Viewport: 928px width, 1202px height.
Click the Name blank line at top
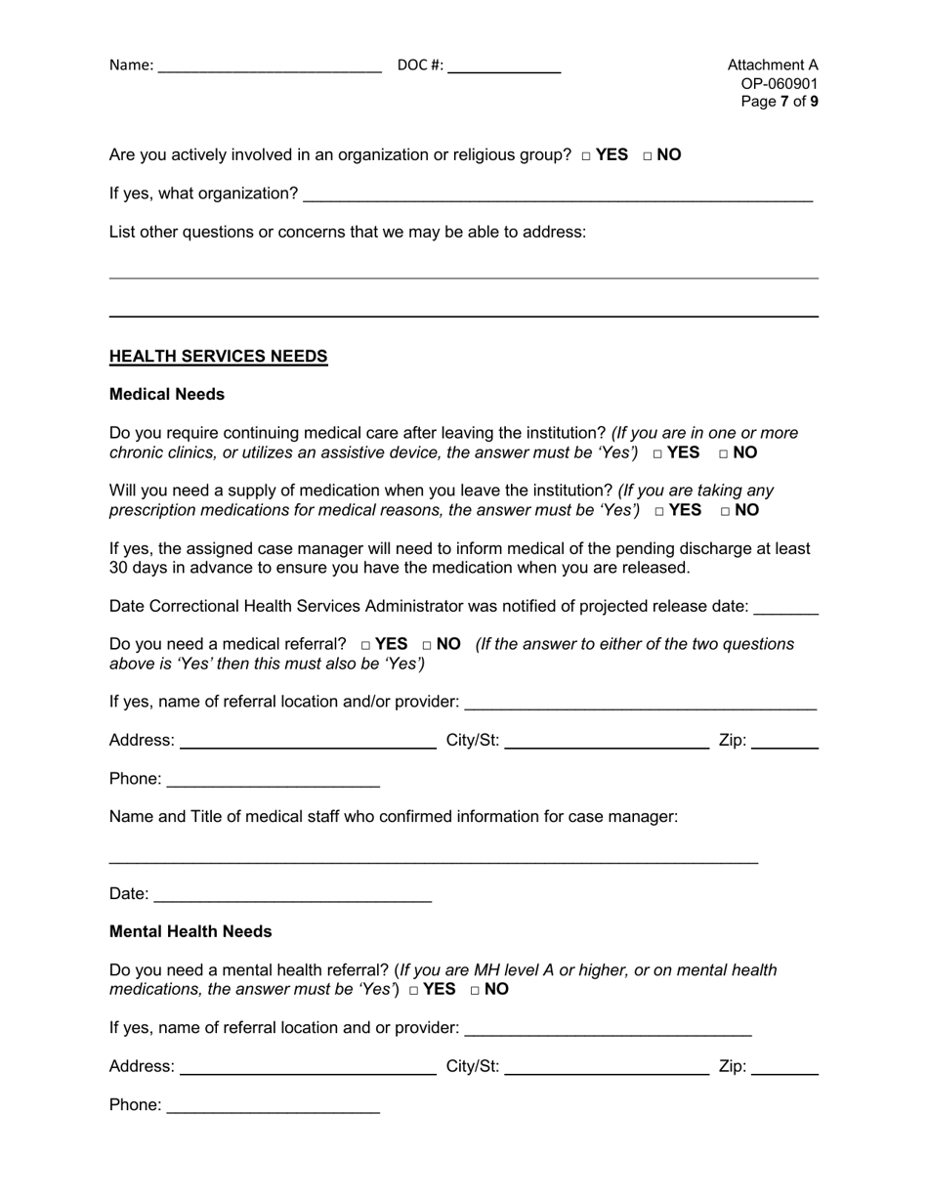coord(269,66)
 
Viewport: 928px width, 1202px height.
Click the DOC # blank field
coord(504,66)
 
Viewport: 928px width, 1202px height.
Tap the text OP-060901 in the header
coord(780,84)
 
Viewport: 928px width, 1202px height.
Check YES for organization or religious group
coord(585,155)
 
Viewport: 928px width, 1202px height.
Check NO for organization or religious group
coord(648,155)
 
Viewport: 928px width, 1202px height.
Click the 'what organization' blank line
coord(557,195)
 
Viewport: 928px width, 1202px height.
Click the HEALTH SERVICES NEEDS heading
coord(218,357)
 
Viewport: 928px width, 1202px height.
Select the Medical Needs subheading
coord(167,395)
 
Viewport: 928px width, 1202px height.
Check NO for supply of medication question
coord(726,511)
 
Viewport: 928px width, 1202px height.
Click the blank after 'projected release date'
coord(786,608)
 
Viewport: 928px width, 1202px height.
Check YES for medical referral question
coord(365,645)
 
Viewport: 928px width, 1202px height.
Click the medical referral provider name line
coord(640,704)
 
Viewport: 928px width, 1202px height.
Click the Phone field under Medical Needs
coord(274,781)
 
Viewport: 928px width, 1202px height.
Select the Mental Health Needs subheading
coord(190,932)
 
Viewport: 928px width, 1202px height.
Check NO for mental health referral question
coord(476,990)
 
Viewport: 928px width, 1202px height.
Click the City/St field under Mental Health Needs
coord(606,1068)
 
